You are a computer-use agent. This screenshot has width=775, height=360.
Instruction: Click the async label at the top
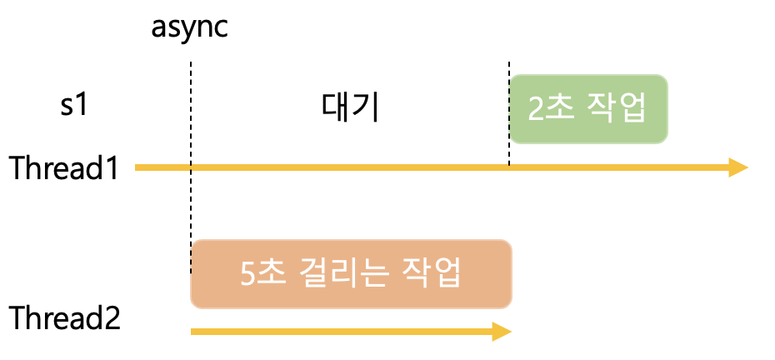pos(189,27)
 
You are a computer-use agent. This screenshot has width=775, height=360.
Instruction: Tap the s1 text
pos(74,108)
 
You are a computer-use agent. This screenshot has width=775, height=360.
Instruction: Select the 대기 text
pos(350,108)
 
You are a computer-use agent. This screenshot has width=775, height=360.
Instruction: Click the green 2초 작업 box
pos(588,109)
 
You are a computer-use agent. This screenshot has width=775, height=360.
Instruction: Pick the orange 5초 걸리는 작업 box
pos(351,274)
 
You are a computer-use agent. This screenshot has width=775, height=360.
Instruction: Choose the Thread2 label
pos(64,318)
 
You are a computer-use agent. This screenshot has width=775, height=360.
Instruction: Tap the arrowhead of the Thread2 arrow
pos(501,332)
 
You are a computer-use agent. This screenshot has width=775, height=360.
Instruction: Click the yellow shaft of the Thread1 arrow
pos(417,167)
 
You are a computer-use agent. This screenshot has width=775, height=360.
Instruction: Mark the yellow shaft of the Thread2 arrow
pos(333,332)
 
